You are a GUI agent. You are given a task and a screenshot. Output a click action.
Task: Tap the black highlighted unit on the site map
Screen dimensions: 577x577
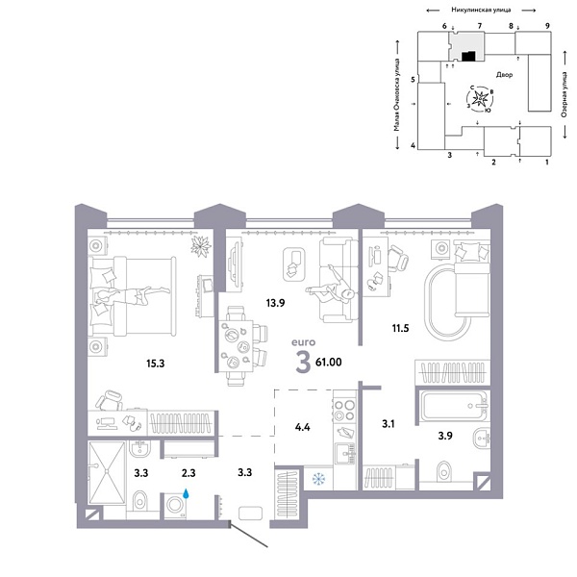pyautogui.click(x=468, y=57)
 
